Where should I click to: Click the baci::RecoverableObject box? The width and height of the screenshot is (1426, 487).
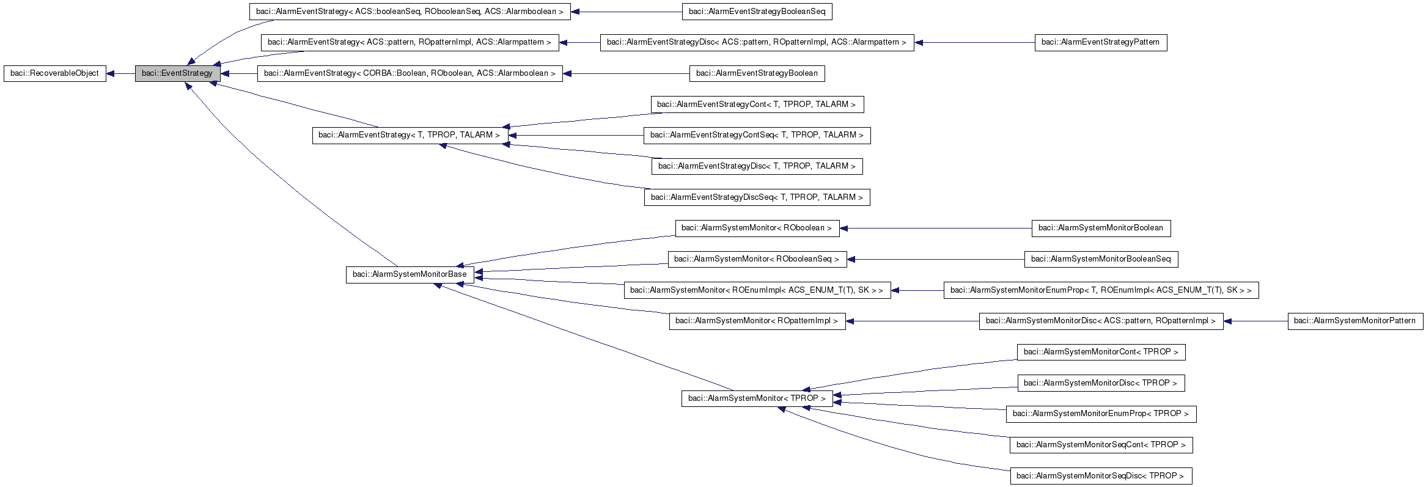55,73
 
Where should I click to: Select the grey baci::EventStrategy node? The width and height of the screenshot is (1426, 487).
177,73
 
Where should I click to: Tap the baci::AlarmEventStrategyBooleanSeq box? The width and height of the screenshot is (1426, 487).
757,12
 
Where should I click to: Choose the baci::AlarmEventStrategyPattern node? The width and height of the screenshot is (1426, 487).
1100,42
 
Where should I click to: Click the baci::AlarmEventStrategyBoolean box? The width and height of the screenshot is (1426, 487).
757,73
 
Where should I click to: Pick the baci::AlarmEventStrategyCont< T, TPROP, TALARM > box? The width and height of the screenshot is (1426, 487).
757,104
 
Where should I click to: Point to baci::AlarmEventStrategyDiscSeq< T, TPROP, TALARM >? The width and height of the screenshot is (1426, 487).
757,197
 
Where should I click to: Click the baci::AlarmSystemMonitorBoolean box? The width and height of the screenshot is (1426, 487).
1100,228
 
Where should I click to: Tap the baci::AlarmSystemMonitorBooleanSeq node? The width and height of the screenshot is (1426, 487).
1100,259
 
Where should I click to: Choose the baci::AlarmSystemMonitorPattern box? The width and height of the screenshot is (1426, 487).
1354,321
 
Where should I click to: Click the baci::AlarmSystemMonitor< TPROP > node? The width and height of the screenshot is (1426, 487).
757,398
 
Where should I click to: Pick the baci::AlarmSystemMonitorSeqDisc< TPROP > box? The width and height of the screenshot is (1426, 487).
1100,476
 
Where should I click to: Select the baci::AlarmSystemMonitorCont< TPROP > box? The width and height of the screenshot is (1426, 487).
1100,352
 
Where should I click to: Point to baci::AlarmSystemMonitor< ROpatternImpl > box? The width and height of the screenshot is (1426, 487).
757,321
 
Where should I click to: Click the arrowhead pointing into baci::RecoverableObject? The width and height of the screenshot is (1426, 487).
111,73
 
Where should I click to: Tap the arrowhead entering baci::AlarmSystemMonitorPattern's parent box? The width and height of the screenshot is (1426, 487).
1228,321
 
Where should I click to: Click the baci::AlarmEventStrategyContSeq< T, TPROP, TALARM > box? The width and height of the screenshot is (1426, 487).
757,135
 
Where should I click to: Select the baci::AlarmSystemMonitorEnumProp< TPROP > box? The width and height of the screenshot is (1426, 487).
1100,414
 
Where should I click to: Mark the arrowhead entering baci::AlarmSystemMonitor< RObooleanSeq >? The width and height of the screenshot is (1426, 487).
851,259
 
